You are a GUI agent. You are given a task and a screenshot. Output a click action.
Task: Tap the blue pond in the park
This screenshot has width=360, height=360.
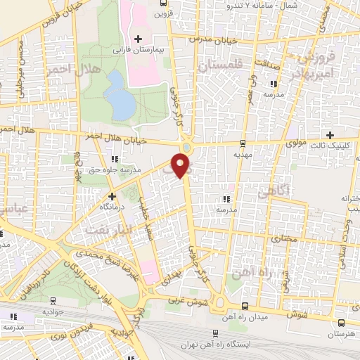[124, 104]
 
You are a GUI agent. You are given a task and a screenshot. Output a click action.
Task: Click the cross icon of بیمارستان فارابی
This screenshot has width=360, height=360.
[138, 38]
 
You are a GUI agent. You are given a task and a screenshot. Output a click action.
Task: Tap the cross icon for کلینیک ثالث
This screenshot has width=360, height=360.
[330, 134]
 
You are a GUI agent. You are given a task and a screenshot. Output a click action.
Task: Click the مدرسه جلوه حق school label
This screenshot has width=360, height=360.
[122, 169]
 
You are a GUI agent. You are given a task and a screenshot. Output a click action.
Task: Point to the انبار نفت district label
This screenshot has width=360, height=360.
[107, 229]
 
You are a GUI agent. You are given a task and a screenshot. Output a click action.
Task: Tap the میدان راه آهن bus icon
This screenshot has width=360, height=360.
[244, 305]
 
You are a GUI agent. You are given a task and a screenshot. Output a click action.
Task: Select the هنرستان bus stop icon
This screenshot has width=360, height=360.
[341, 323]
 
